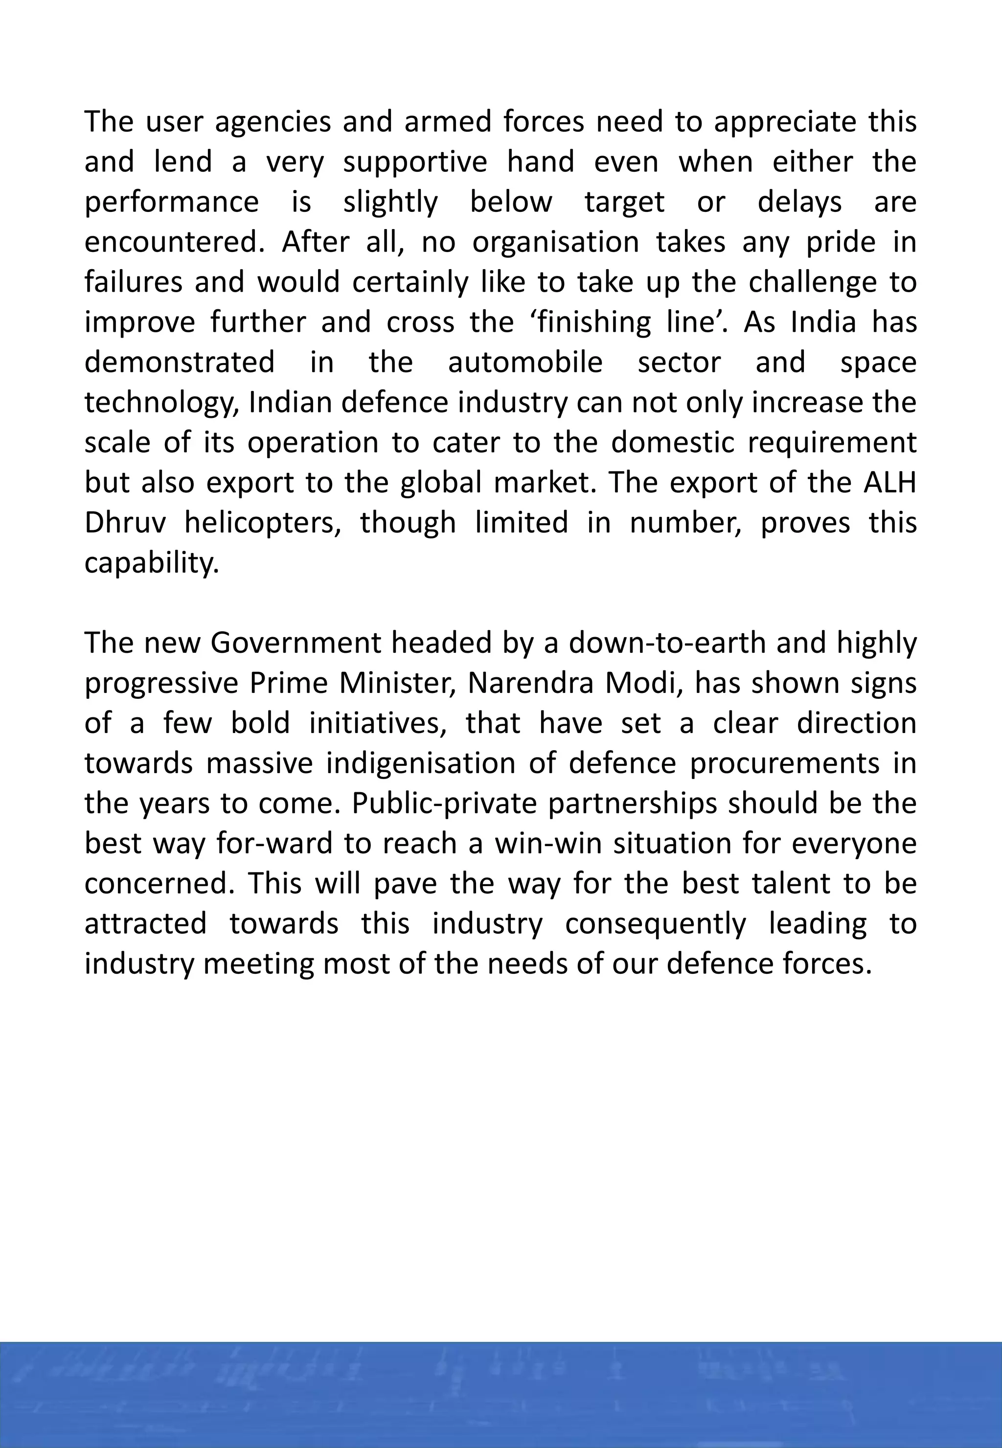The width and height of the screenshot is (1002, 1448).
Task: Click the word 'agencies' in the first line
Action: [273, 122]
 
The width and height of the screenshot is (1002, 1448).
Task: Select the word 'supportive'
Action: [415, 162]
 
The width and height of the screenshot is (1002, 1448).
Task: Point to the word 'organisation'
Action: [555, 242]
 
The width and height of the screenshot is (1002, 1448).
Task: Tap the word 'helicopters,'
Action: [262, 523]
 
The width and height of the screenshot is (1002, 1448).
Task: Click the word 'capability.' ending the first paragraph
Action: [152, 563]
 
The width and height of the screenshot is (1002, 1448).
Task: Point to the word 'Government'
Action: [295, 644]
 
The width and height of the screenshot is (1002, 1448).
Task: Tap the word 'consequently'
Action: [656, 924]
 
